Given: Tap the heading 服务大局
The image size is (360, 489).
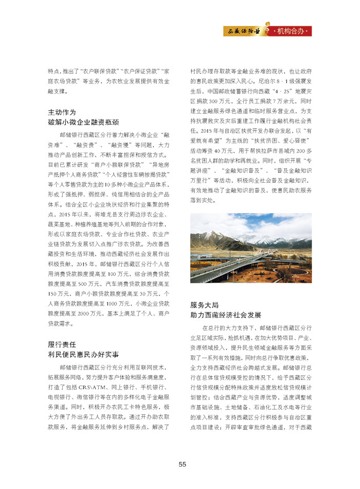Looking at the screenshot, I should click(205, 305).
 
